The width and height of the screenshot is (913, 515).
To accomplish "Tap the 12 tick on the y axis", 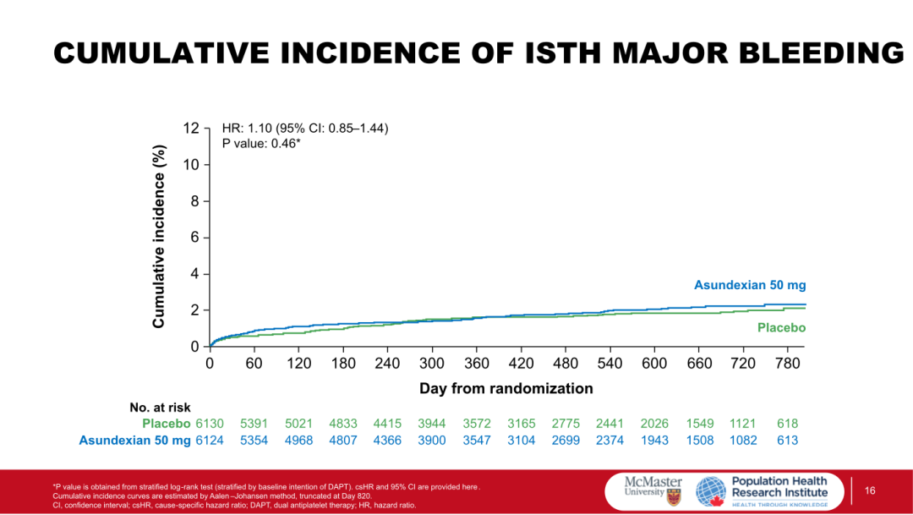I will tap(191, 129).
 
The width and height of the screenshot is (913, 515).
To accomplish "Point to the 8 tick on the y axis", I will tap(194, 201).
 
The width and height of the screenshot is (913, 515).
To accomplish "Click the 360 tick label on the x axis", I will tap(476, 364).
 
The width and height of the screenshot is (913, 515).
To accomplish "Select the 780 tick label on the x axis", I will tap(787, 364).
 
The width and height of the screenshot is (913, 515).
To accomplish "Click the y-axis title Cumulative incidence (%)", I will tap(159, 236).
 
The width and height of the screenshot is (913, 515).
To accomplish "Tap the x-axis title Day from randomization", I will tap(506, 389).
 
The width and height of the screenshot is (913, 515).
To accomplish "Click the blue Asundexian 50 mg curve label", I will tap(750, 286).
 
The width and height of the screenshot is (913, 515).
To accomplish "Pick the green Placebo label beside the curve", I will tap(781, 328).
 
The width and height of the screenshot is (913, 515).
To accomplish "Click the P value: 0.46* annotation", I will tap(262, 144).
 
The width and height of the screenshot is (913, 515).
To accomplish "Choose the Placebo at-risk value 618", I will tap(786, 424).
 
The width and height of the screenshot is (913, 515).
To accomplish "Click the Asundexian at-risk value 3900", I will tap(432, 440).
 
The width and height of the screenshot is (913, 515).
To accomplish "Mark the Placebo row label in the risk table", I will tap(166, 424).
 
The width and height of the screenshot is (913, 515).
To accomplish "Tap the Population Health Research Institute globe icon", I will tap(710, 491).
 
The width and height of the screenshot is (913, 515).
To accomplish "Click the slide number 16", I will tap(869, 491).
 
